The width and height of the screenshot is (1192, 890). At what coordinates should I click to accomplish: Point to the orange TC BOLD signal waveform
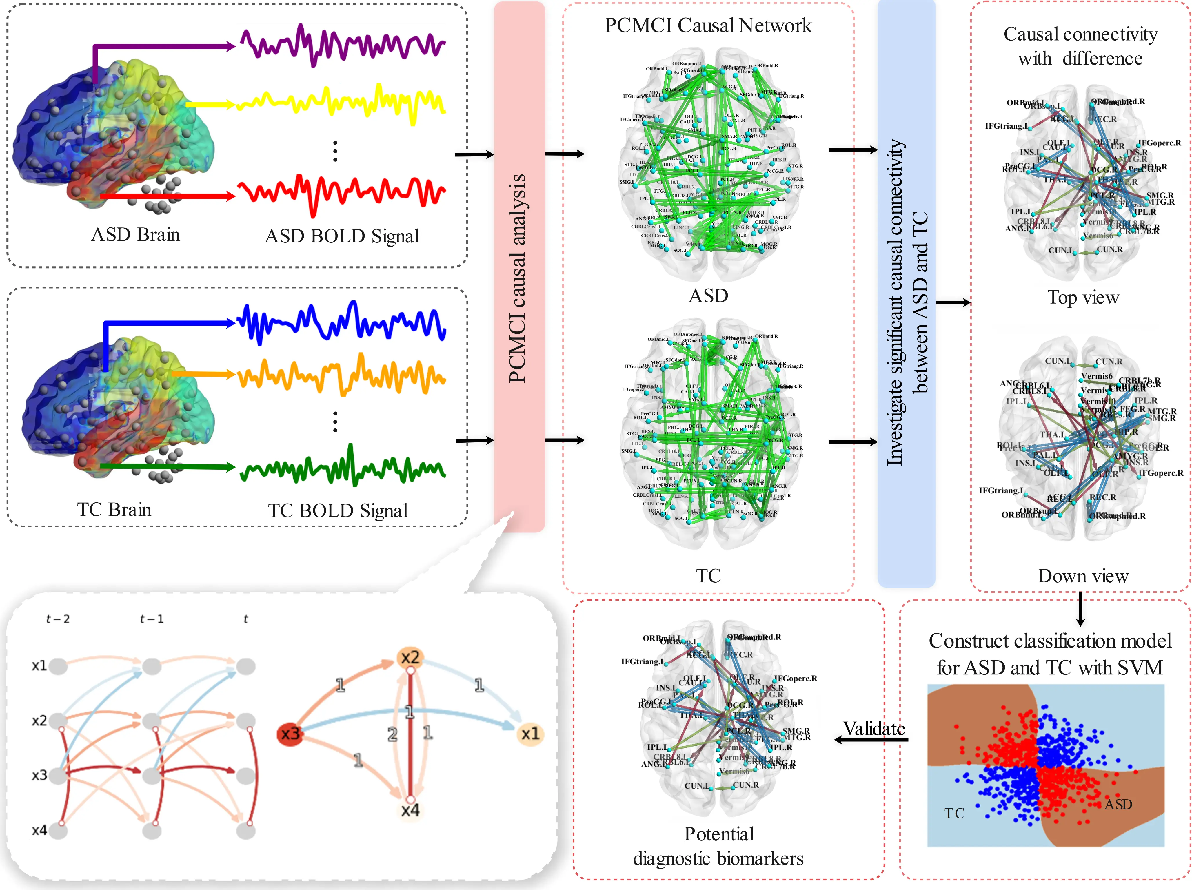point(342,374)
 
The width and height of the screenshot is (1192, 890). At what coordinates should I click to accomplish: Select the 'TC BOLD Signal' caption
point(338,510)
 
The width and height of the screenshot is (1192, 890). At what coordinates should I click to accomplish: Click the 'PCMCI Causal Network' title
point(707,25)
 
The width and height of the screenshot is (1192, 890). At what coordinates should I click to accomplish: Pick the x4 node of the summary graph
point(410,810)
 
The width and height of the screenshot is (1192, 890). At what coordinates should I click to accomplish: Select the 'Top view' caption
point(1083,297)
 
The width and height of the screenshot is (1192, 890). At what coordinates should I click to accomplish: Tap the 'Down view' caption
point(1083,576)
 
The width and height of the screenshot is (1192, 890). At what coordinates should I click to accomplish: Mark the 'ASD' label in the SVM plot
point(1118,804)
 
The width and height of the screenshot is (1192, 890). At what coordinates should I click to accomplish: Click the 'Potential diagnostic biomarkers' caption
point(718,846)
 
